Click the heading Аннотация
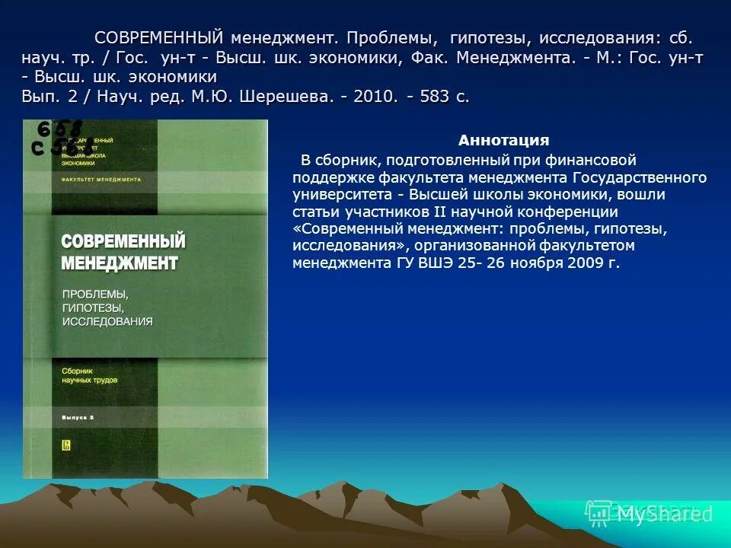pos(503,141)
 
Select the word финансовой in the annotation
pos(593,160)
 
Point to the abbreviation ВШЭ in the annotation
pos(420,263)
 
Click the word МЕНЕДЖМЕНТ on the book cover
pos(119,263)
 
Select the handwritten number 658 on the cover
pos(59,128)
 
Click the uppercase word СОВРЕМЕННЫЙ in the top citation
pos(158,38)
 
